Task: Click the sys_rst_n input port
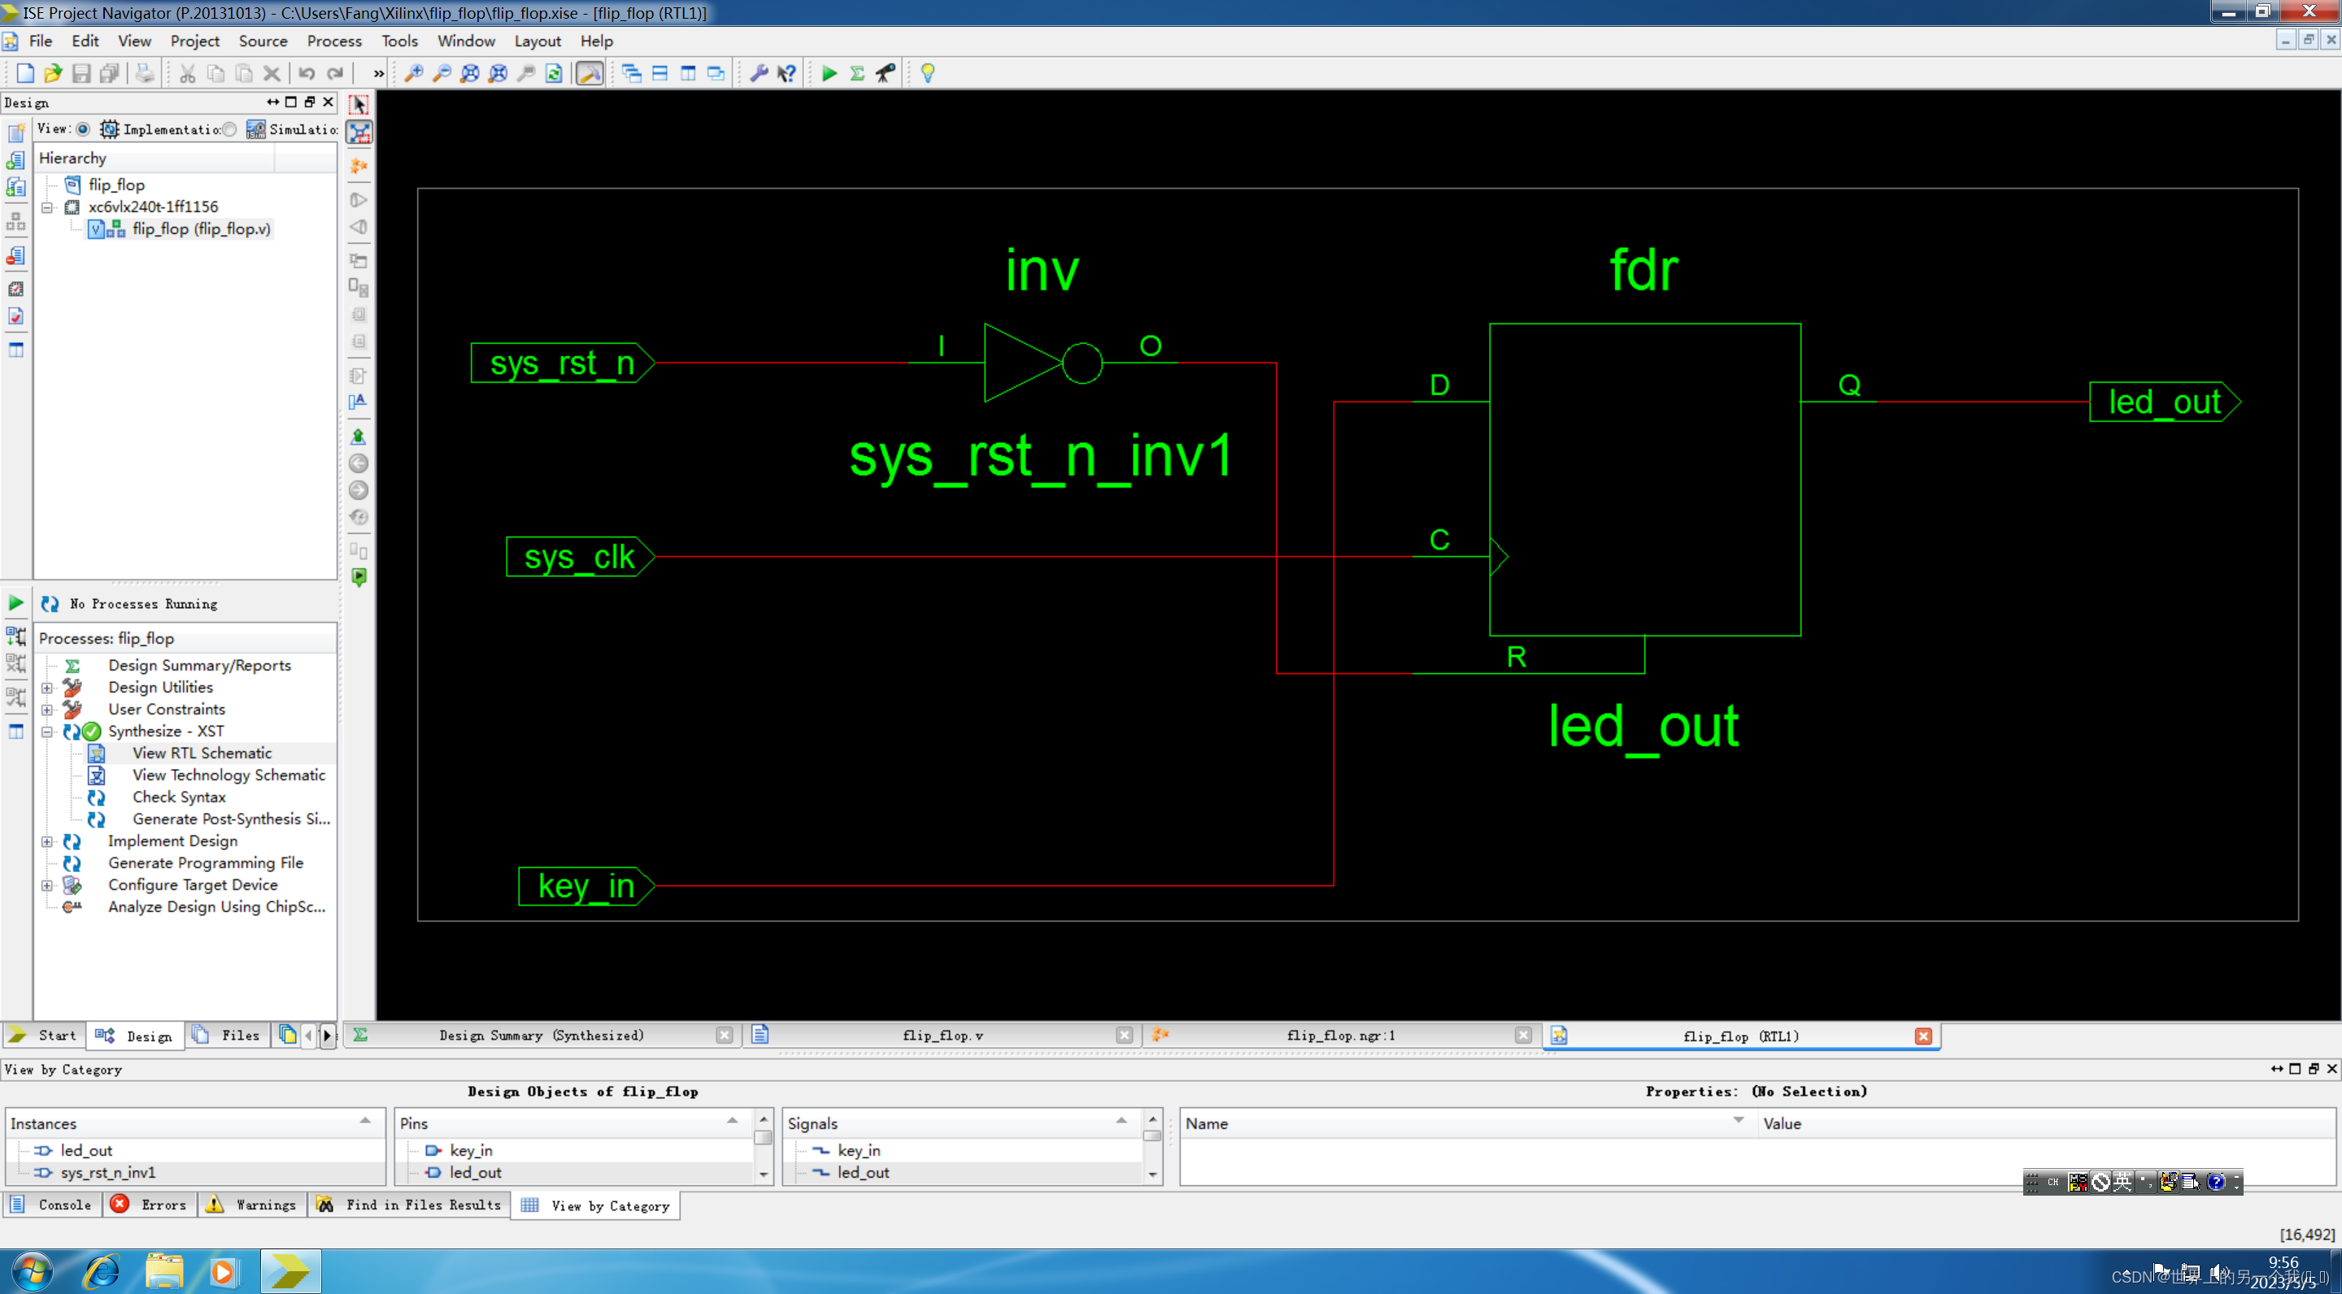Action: click(x=562, y=363)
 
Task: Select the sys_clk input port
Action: click(x=579, y=556)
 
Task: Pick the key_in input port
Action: click(x=585, y=885)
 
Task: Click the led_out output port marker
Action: click(x=2165, y=402)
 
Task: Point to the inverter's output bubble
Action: click(x=1082, y=363)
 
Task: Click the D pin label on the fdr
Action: click(x=1439, y=385)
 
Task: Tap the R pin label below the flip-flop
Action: click(x=1516, y=656)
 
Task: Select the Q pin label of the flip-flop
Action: click(x=1849, y=385)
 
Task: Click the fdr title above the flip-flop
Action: click(x=1643, y=270)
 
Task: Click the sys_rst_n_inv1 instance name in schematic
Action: click(x=1041, y=456)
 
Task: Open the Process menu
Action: click(x=333, y=41)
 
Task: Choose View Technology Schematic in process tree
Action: click(x=229, y=775)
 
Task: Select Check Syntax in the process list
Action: click(x=179, y=796)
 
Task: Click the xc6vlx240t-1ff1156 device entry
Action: click(x=153, y=206)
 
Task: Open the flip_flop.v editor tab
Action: click(x=942, y=1035)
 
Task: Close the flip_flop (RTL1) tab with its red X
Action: click(x=1923, y=1036)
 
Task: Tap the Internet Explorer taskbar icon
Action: click(x=101, y=1271)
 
